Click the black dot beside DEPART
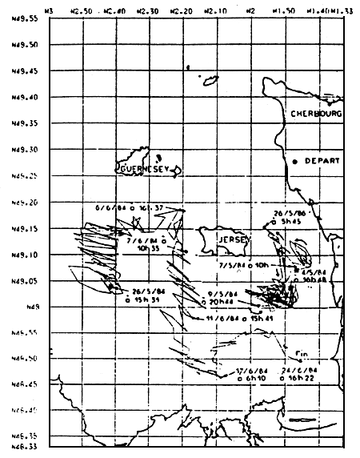coord(294,162)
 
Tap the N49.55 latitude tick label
coord(16,18)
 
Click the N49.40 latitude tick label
coord(16,97)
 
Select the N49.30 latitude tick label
coord(16,149)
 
